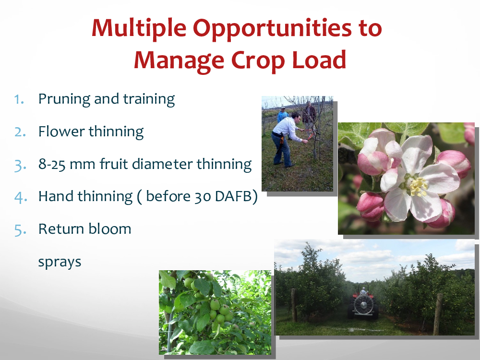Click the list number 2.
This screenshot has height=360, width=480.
[20, 132]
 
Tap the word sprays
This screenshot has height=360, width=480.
[60, 263]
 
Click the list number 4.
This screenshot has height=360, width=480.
[21, 197]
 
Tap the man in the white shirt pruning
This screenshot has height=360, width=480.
[286, 139]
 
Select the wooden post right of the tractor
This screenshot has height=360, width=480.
[438, 314]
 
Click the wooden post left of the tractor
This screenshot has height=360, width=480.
[294, 305]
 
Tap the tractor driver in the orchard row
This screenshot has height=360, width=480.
[363, 290]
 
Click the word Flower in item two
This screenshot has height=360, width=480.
[61, 132]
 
